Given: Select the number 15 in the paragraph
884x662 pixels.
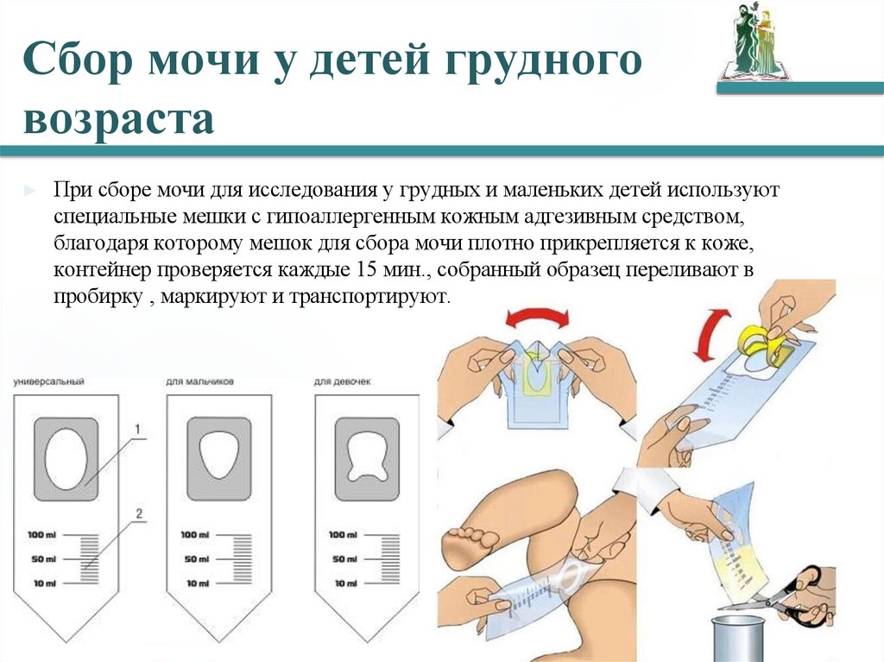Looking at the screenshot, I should (364, 270).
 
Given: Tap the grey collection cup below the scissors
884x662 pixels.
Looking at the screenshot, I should (738, 640).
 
